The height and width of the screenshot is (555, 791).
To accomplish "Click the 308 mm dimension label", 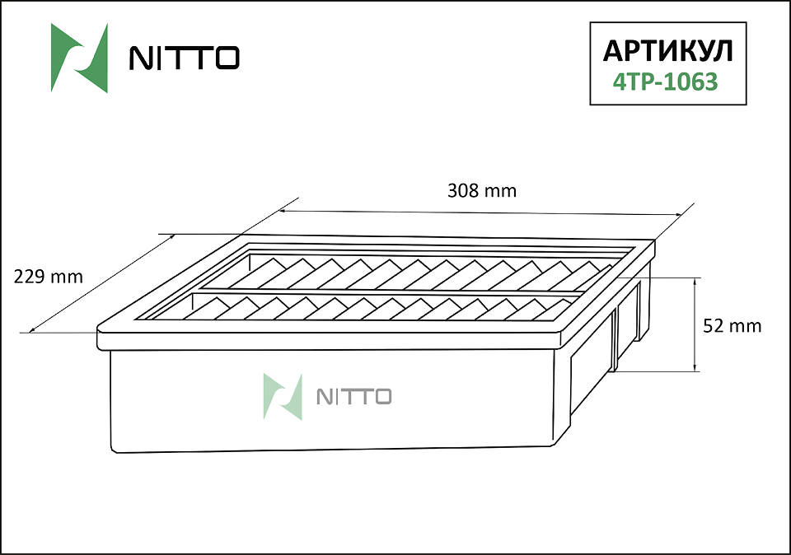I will tap(482, 191).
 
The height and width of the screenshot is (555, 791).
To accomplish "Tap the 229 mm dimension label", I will tap(49, 277).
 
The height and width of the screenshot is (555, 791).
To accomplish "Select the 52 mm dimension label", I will tap(732, 326).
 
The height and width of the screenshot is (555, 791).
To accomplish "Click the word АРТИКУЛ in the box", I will tap(667, 51).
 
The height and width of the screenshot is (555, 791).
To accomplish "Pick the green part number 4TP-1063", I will tap(666, 82).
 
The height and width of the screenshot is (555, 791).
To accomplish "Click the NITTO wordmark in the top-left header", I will tap(184, 58).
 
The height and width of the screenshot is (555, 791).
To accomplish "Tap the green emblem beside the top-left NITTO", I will tap(79, 58).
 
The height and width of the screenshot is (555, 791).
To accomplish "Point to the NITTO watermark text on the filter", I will tap(353, 397).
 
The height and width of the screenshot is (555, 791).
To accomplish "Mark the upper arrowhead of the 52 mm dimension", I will tap(696, 281).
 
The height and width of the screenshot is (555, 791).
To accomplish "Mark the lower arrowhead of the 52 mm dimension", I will tap(696, 367).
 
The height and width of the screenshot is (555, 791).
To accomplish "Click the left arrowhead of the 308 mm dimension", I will tap(283, 211).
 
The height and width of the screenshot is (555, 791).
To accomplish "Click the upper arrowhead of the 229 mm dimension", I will tap(171, 236).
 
